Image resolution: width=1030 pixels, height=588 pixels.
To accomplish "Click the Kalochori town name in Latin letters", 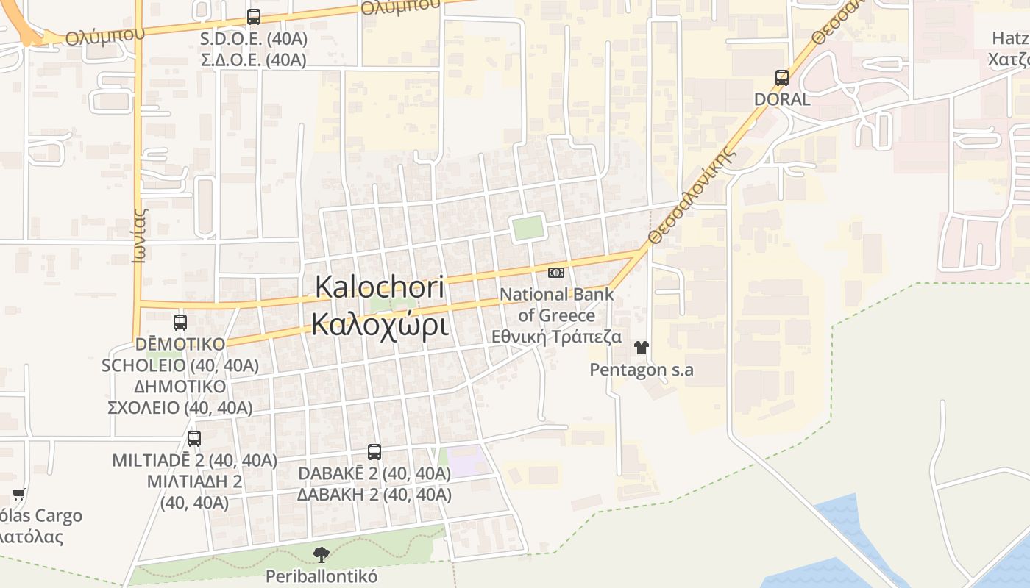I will coord(379,287).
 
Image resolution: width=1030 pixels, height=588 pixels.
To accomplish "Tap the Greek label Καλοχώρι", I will coord(379,323).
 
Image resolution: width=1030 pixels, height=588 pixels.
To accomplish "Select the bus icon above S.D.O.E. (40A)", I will coord(254,16).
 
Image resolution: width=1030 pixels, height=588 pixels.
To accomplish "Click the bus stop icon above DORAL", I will coord(782,77).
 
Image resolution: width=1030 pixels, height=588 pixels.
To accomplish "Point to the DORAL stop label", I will coord(782,99).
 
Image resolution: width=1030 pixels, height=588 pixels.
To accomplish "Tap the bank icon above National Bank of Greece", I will coord(556,273).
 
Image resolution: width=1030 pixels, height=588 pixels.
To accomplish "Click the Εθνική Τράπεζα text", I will coord(556,337).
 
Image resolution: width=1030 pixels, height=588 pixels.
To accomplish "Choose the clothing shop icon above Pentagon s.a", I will coord(642,347).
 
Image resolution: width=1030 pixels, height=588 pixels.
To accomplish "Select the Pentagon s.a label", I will coord(642,369).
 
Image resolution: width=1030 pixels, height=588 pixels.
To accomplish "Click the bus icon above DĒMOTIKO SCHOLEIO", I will coord(180,322).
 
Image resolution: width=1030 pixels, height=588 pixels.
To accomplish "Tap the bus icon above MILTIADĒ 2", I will coord(194,439).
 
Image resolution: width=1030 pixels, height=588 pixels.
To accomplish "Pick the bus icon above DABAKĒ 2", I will coord(374,452).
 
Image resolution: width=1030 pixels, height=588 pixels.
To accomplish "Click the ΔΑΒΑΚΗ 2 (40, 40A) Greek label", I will coord(374,495).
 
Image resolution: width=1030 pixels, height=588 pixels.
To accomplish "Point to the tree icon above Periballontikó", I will coord(321,555).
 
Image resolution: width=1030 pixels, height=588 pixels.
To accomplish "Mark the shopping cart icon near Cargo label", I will coord(18,495).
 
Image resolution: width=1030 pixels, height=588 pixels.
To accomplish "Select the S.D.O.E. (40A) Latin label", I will coord(254,38).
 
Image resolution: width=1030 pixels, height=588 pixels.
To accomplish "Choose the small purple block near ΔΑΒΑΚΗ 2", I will coord(467,462).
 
